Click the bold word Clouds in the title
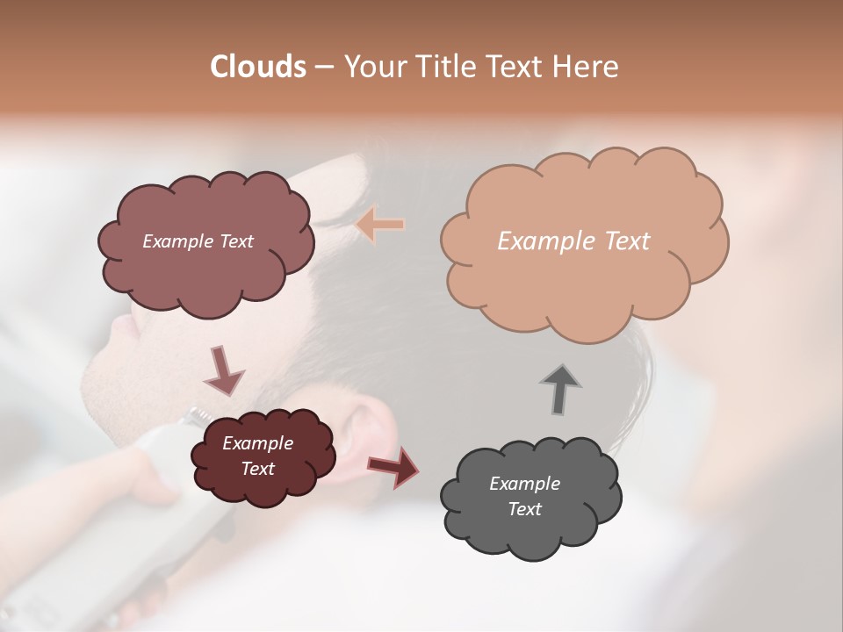pyautogui.click(x=258, y=67)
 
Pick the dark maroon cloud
pyautogui.click(x=263, y=487)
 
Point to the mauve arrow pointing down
pyautogui.click(x=224, y=370)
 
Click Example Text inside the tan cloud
pyautogui.click(x=573, y=241)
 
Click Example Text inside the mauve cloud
pyautogui.click(x=198, y=241)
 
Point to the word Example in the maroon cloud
pyautogui.click(x=257, y=443)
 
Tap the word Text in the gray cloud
pyautogui.click(x=524, y=509)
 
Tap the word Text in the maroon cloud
pyautogui.click(x=257, y=469)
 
